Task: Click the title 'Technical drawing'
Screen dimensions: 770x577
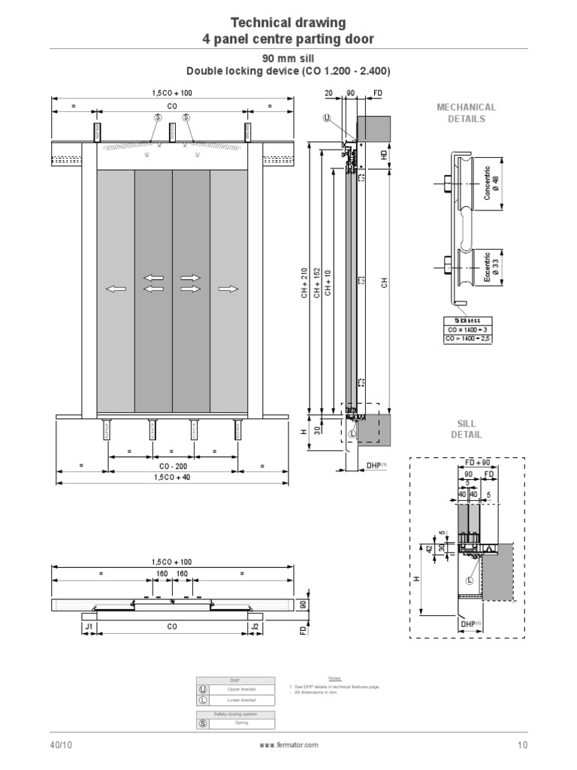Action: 288,23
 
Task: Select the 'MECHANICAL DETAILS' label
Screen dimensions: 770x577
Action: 466,113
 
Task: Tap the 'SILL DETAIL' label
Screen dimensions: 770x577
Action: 466,429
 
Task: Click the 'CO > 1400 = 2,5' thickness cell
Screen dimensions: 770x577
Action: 468,339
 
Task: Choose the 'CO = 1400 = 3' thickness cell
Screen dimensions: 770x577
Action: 468,329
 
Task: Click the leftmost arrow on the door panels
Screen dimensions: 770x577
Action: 115,289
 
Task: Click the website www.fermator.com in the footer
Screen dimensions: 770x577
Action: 288,745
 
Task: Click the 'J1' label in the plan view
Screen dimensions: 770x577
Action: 89,626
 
